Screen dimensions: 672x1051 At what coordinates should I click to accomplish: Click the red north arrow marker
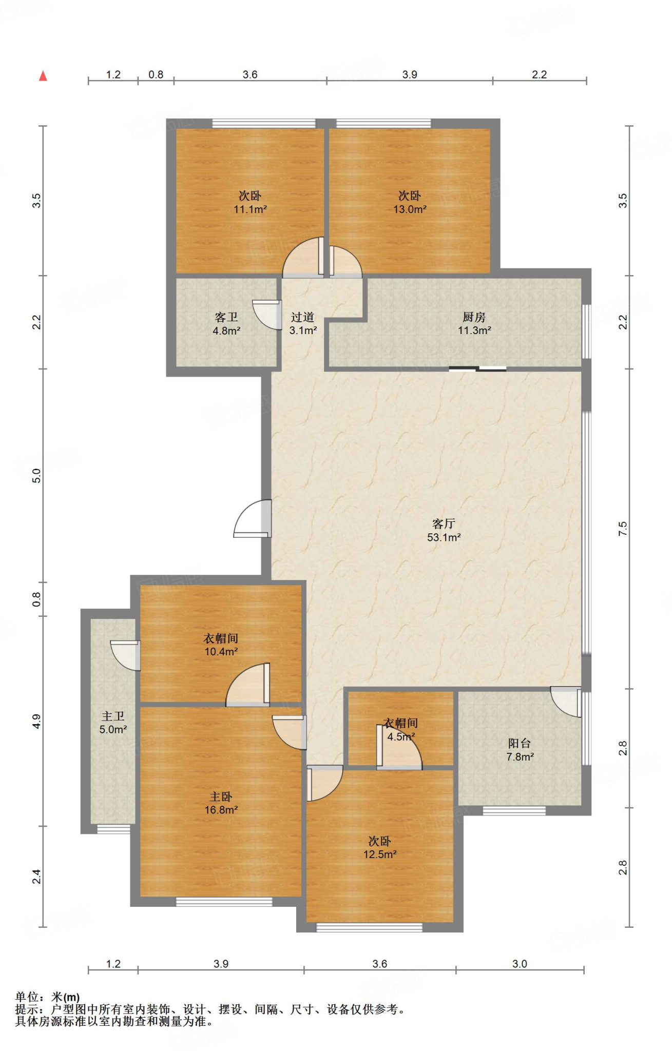point(43,76)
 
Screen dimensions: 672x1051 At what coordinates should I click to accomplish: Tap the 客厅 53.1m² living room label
point(444,531)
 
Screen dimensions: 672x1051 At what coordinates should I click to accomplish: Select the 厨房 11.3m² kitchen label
point(474,324)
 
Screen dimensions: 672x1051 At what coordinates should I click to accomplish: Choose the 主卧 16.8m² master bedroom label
point(221,803)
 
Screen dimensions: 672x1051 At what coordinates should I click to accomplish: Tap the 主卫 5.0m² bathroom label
point(113,723)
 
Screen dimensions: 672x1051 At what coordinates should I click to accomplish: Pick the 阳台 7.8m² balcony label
point(520,750)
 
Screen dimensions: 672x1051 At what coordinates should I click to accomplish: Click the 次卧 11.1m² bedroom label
point(250,202)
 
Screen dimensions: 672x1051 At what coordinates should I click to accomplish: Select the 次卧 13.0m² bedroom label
point(410,202)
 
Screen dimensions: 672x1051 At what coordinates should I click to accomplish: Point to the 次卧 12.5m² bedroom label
point(380,847)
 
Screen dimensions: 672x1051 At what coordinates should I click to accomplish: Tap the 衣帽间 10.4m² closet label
point(221,645)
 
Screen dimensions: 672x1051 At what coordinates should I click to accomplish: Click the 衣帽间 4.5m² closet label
point(401,730)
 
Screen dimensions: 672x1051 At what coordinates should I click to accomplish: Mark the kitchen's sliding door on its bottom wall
point(477,368)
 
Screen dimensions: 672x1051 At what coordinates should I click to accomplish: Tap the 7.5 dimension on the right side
point(623,529)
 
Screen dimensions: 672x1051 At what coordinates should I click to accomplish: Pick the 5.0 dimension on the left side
point(36,476)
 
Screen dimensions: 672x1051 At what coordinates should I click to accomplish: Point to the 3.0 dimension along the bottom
point(520,964)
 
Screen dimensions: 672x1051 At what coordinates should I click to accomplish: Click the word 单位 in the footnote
point(27,997)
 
